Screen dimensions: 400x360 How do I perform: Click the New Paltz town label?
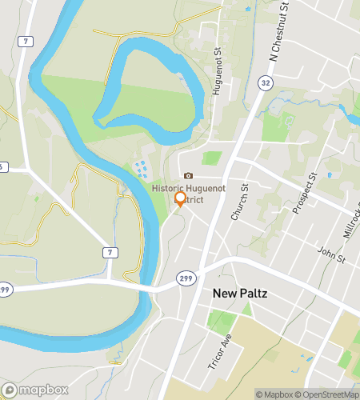[240, 294]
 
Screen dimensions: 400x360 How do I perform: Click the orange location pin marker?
[180, 199]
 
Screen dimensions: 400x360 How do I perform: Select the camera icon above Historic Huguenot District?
[188, 176]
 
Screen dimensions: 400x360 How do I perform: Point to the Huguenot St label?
[217, 73]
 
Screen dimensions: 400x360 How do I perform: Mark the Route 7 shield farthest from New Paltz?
[27, 41]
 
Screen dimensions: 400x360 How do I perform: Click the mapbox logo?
[34, 390]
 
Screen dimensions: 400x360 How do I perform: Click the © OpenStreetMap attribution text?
[327, 394]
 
